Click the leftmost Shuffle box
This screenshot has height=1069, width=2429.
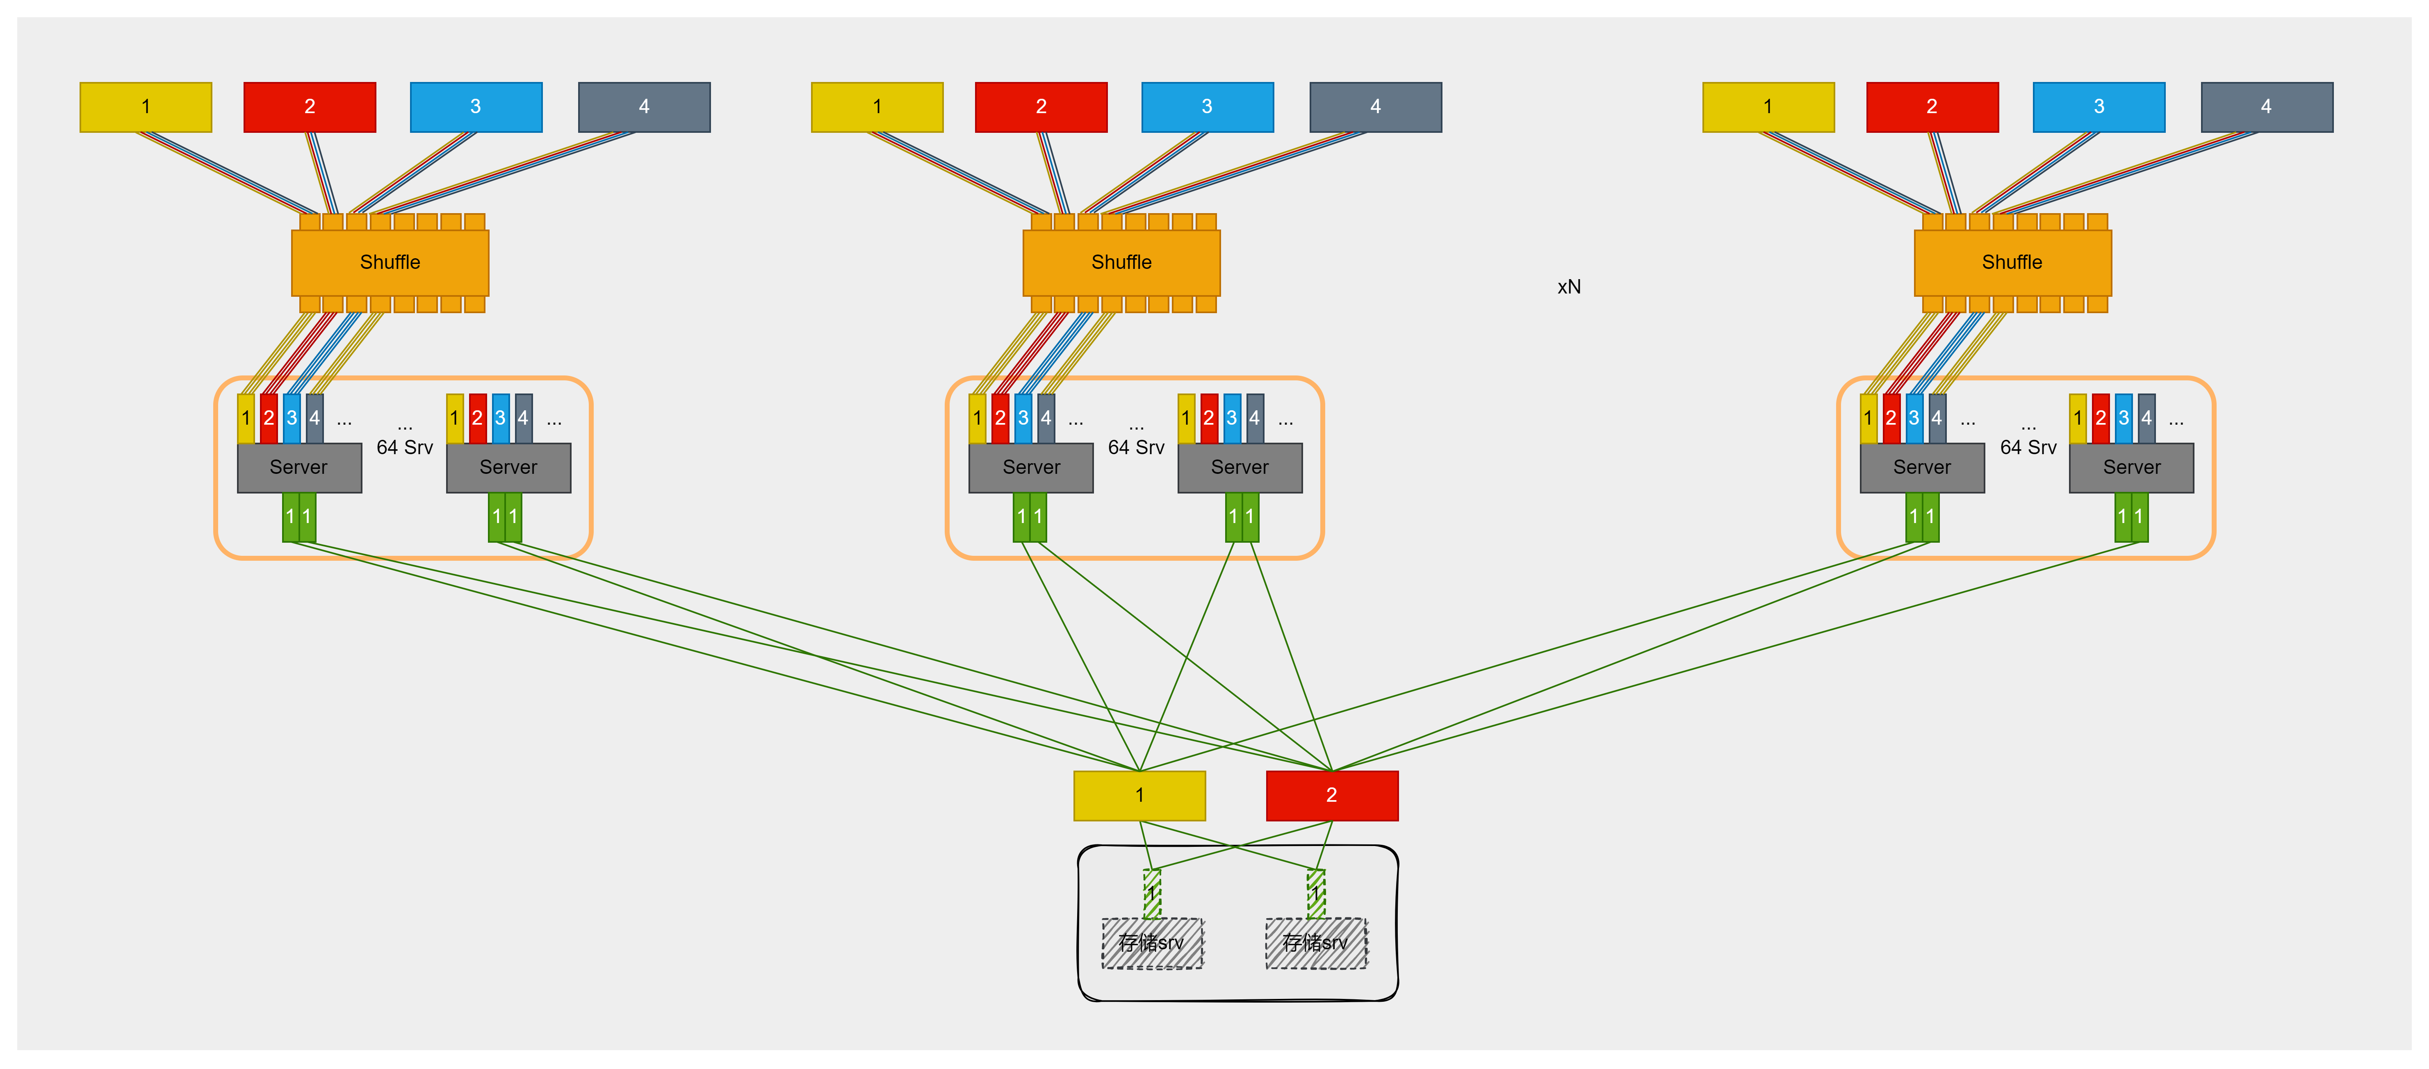coord(390,262)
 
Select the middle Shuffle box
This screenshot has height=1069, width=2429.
coord(1121,262)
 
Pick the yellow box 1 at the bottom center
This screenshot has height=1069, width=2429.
coord(1139,795)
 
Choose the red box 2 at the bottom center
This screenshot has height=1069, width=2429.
coord(1331,795)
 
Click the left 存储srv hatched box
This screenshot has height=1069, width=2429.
coord(1152,943)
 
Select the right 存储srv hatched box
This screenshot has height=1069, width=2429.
coord(1315,943)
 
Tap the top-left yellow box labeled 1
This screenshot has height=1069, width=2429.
coord(145,107)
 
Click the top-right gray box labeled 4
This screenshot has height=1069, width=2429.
coord(2266,107)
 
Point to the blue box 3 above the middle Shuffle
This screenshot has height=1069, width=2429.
coord(1207,107)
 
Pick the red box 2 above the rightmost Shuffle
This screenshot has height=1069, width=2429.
coord(1932,107)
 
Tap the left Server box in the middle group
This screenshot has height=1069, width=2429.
coord(1031,468)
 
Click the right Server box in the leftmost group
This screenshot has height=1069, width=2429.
coord(508,468)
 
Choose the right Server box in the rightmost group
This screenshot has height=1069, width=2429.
coord(2131,468)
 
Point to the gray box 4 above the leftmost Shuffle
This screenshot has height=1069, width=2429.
coord(644,107)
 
